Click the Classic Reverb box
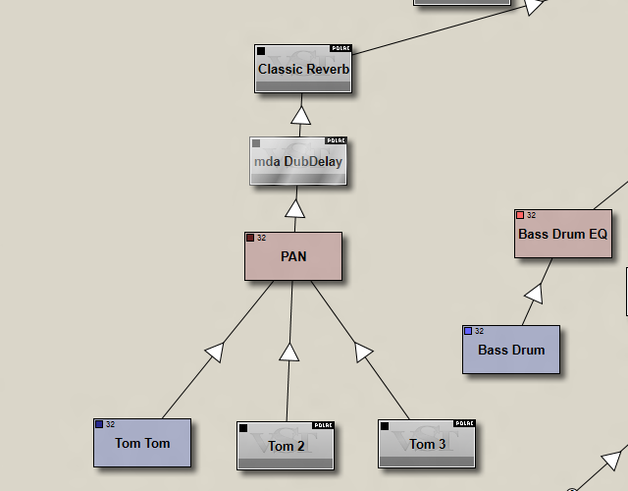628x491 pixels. (303, 69)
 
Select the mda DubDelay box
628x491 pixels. (298, 161)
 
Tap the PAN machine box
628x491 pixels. (293, 256)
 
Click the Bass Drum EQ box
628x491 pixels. (562, 234)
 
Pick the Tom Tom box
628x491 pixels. (142, 443)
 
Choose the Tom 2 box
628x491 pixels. (286, 446)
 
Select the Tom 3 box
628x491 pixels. (427, 444)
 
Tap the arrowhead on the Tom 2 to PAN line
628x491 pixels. (288, 352)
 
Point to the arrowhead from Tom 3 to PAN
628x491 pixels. (362, 351)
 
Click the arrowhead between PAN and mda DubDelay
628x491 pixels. (295, 208)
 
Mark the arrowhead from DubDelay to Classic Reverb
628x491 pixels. (301, 115)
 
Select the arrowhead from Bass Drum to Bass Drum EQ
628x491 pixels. (534, 293)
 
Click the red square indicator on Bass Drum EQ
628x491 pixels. (520, 215)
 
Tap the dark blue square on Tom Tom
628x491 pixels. (99, 424)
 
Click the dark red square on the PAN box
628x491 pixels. (250, 238)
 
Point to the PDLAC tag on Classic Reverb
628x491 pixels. (340, 47)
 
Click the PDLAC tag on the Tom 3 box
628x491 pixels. (464, 424)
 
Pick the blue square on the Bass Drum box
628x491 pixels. (468, 331)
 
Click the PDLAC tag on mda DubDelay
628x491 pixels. (336, 140)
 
